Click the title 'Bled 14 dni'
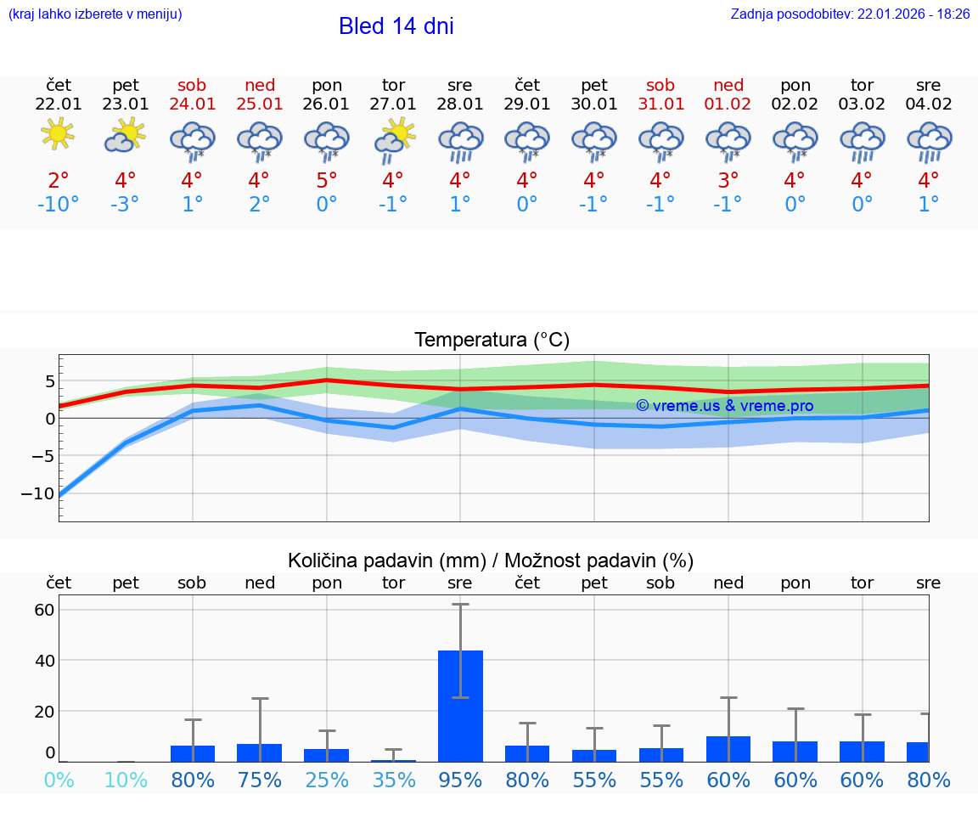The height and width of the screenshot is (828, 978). (x=396, y=26)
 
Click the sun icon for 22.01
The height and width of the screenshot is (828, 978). (x=58, y=133)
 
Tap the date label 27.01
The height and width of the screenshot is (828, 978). (x=393, y=104)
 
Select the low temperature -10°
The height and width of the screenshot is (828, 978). (x=58, y=205)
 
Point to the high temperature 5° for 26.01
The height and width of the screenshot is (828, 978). (x=327, y=180)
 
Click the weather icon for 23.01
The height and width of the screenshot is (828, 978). (x=125, y=135)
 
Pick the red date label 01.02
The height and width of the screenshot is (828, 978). (x=728, y=104)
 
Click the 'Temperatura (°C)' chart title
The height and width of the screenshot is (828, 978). (x=492, y=340)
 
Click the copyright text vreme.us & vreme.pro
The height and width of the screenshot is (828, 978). (x=724, y=406)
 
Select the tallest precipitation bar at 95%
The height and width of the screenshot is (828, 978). (x=460, y=705)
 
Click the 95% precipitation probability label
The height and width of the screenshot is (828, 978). (x=460, y=780)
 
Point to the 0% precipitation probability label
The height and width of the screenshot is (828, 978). (x=58, y=780)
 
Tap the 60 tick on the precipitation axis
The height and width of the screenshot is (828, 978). (x=44, y=610)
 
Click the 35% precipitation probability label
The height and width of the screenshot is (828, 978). (x=394, y=780)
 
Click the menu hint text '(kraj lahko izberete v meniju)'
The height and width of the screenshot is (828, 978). (x=95, y=14)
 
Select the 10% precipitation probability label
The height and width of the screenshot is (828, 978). (x=126, y=780)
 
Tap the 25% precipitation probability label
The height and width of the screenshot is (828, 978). (x=327, y=780)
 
